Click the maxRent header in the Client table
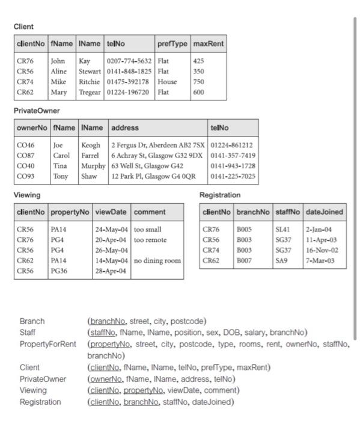(209, 44)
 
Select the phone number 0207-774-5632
(129, 61)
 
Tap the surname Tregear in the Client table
(91, 93)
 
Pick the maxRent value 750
(199, 82)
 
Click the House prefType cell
(167, 82)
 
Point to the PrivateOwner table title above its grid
(37, 111)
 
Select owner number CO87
(26, 156)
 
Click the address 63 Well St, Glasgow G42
(147, 166)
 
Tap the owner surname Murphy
(93, 166)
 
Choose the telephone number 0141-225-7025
(233, 177)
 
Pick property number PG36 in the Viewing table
(59, 272)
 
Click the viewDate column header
(111, 212)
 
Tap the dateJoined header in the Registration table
(325, 212)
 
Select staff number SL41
(283, 230)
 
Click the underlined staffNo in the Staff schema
(102, 332)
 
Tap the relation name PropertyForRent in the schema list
(48, 344)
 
